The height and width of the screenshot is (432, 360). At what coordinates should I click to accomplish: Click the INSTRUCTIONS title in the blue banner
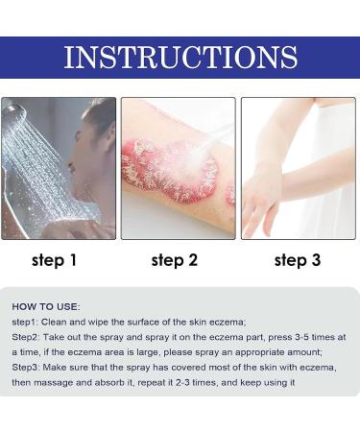coord(180,58)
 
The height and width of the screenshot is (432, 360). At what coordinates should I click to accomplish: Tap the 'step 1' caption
coord(56,259)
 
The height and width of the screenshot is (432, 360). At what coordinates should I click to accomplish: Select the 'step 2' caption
coord(177,259)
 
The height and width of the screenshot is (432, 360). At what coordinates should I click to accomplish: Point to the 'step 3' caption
coord(298,259)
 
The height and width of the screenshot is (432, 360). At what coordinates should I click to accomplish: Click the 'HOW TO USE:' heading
coord(47,306)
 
